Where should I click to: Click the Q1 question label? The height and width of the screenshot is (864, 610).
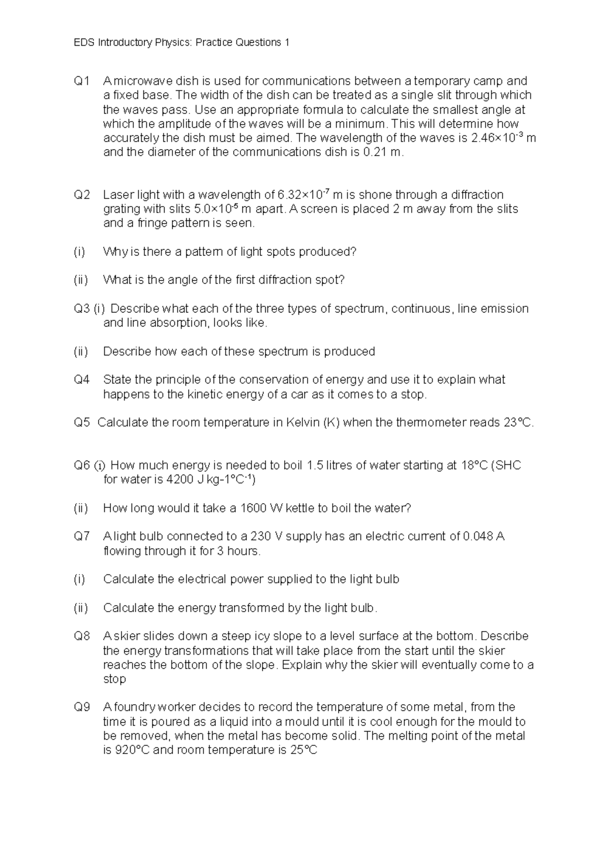[x=81, y=81]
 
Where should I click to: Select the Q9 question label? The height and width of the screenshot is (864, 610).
[x=81, y=707]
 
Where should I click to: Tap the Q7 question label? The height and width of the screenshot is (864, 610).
[x=81, y=536]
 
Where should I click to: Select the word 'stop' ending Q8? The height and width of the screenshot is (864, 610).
[x=114, y=679]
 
